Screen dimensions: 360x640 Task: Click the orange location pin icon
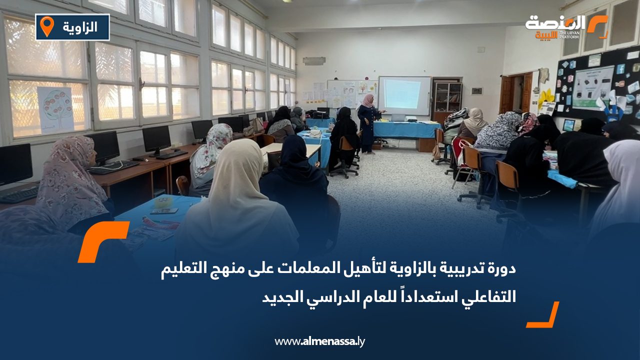47,26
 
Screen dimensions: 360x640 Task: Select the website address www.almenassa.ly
320,341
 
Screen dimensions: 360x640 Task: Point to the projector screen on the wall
404,95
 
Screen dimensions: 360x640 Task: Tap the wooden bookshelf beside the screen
447,97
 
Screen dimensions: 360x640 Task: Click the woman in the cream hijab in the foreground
238,200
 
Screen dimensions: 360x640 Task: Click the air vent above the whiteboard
314,61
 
